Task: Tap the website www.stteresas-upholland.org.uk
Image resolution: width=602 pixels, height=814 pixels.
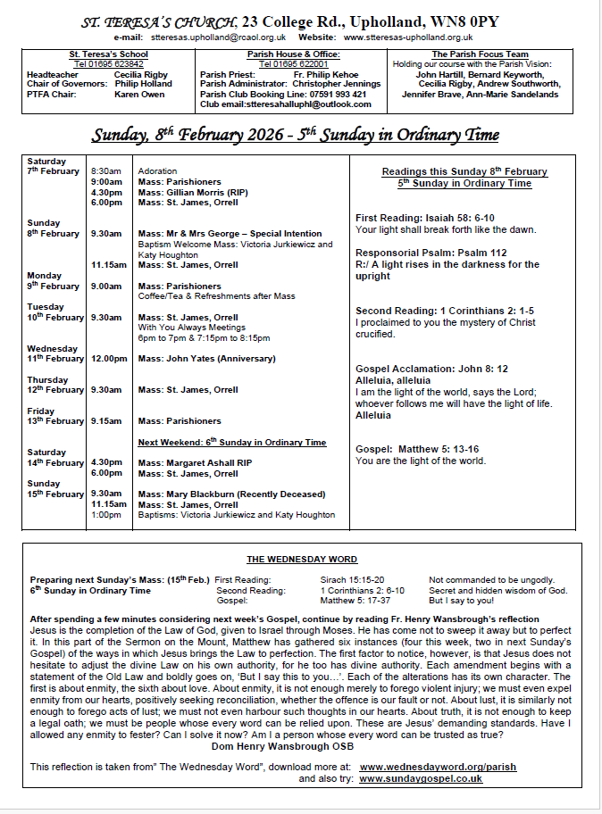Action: [x=408, y=37]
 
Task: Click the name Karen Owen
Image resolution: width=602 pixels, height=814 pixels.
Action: [x=138, y=93]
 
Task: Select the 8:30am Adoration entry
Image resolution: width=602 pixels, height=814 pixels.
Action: [x=157, y=170]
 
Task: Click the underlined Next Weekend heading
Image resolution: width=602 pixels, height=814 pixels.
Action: [x=231, y=443]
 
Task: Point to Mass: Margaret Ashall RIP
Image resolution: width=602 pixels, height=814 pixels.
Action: [x=195, y=463]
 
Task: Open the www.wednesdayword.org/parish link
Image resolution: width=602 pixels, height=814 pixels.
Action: [x=438, y=717]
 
